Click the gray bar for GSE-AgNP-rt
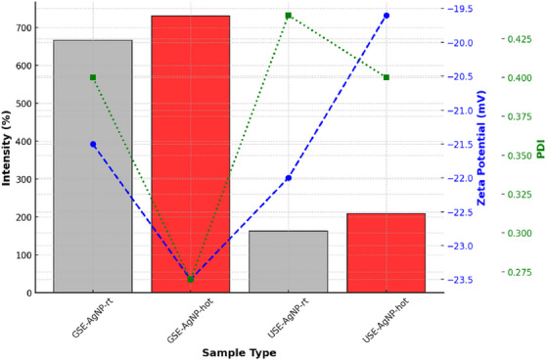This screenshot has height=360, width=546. tap(93, 166)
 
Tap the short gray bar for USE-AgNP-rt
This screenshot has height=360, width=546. tap(289, 261)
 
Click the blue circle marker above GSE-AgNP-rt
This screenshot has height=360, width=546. tap(93, 144)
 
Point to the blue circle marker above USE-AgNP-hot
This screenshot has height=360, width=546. tap(387, 16)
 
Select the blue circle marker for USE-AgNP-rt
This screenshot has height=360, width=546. tap(289, 178)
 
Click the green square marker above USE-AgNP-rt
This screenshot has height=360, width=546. tap(289, 16)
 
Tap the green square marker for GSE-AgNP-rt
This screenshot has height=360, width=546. tap(93, 77)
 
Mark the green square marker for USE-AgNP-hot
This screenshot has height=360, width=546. tap(387, 77)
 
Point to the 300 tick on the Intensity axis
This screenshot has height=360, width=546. tap(22, 179)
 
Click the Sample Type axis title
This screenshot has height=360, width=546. tap(240, 351)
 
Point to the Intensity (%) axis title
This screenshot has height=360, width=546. tap(7, 147)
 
